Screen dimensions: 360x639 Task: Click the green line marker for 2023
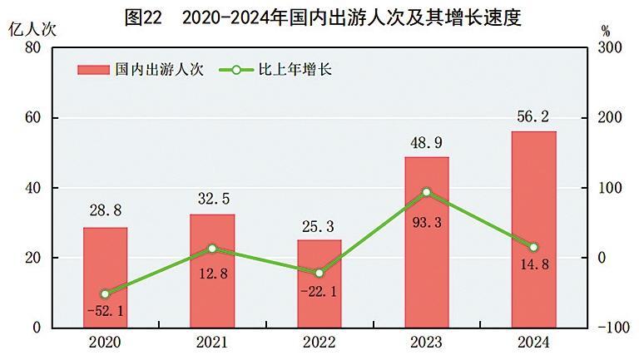(427, 192)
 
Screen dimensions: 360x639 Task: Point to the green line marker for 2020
(105, 293)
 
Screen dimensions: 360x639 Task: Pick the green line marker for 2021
(212, 249)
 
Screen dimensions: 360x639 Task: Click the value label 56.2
(533, 117)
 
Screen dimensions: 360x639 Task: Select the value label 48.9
(427, 143)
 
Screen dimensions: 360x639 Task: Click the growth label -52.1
(105, 311)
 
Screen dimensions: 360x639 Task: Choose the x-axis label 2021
(212, 343)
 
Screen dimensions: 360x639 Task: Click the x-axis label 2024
(533, 343)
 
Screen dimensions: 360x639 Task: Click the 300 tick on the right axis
(610, 48)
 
